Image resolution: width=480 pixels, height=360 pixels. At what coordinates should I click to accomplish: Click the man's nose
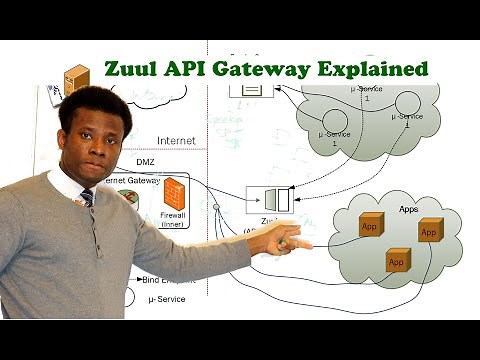tap(96, 146)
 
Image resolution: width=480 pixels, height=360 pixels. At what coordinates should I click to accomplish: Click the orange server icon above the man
tap(75, 80)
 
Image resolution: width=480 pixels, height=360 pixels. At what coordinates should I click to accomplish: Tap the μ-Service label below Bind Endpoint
tap(166, 299)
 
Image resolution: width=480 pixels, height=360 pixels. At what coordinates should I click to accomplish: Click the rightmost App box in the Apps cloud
tap(429, 232)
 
